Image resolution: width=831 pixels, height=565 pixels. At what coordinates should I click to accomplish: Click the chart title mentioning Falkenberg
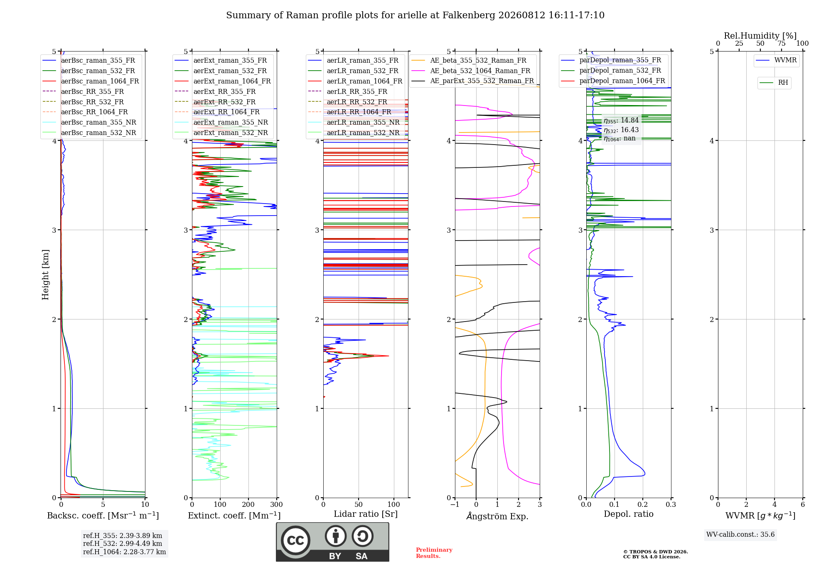(415, 15)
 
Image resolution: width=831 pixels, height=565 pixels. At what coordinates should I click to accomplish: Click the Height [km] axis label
(45, 275)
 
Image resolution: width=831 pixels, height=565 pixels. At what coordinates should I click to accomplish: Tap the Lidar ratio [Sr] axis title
(366, 514)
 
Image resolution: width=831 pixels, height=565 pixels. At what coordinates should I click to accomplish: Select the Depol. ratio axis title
(629, 514)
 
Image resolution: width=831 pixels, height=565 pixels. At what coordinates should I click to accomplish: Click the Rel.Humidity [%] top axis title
(760, 36)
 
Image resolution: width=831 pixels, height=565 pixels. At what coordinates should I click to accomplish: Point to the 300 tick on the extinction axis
(277, 504)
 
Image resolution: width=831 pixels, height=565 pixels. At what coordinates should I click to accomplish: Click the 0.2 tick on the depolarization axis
(643, 504)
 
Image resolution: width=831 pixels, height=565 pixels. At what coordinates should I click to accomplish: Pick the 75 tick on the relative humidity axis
(782, 43)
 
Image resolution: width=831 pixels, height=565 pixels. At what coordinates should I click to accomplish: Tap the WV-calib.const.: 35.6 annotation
(740, 535)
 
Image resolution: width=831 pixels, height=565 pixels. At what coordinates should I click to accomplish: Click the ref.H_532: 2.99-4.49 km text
(123, 543)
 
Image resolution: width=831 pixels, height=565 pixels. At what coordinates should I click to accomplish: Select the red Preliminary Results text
(434, 553)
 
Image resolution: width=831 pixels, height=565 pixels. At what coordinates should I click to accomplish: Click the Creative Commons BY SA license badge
(332, 542)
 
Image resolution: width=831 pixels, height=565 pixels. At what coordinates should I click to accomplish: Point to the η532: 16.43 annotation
(621, 130)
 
